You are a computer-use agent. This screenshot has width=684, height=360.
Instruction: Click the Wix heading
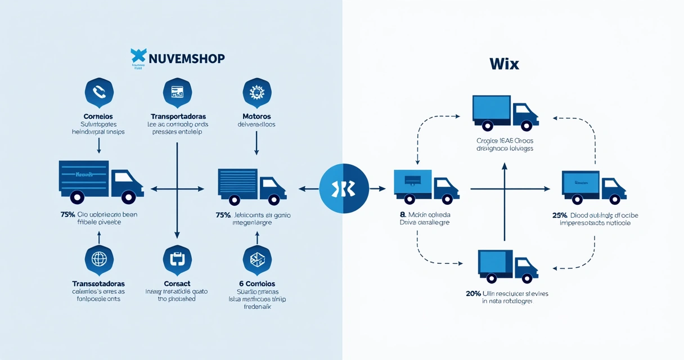504,64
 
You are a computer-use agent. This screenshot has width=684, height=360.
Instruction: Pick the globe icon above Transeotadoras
99,259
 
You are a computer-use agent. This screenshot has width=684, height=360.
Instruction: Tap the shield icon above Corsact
177,259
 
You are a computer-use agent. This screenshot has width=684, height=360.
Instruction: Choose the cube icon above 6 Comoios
256,259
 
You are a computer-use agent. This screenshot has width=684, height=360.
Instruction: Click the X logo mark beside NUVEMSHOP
138,56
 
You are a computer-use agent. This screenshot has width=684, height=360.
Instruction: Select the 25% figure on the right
560,215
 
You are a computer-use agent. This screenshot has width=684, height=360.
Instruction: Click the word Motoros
256,116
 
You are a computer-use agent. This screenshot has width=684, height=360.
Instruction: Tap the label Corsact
177,283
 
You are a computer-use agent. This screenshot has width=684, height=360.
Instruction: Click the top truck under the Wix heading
505,112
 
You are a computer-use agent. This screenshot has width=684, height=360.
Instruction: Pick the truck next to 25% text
593,187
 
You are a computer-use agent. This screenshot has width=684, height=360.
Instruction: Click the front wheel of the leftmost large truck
128,197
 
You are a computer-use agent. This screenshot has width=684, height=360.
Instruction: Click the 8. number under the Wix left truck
403,215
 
